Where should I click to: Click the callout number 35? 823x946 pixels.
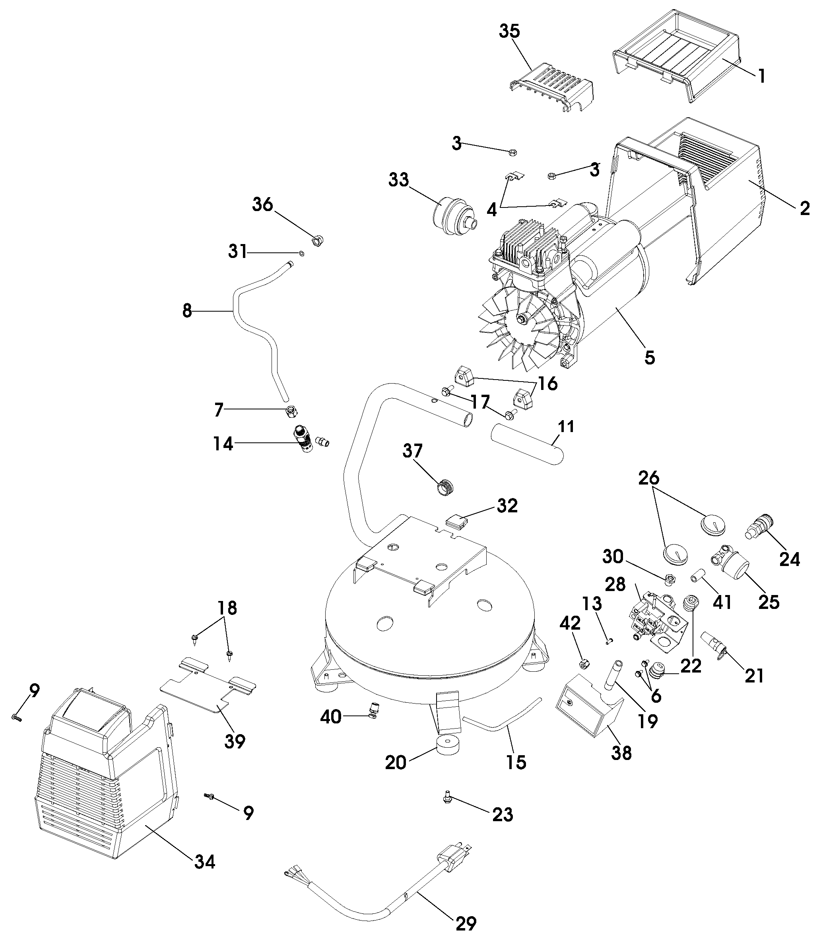(509, 31)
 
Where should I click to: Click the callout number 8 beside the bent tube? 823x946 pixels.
(187, 311)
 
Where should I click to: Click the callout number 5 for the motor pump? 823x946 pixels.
(649, 358)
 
